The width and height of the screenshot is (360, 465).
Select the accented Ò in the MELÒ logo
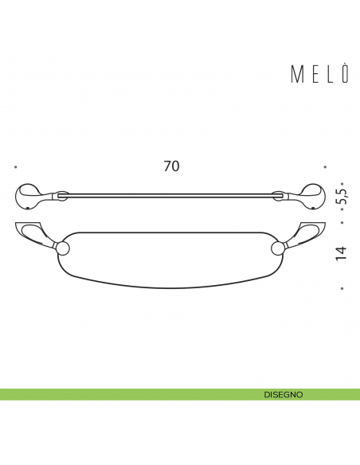coord(345,74)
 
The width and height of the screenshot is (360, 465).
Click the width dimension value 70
coord(171,166)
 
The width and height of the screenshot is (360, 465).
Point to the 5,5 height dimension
coord(342,197)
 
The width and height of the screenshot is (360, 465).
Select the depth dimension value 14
coord(342,253)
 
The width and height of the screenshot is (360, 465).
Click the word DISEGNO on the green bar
coord(284,394)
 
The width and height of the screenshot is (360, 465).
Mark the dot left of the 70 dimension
coord(15,167)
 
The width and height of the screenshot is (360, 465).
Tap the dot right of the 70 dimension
coord(325,167)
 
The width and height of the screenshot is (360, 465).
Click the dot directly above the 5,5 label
coord(342,182)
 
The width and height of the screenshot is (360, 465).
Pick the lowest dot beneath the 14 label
coord(342,288)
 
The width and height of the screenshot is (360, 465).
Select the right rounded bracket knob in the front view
coord(311,196)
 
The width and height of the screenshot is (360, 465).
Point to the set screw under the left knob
coord(28,209)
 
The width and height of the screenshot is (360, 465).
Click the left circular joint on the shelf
coord(63,248)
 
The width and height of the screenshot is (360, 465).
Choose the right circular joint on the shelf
coord(277,248)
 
